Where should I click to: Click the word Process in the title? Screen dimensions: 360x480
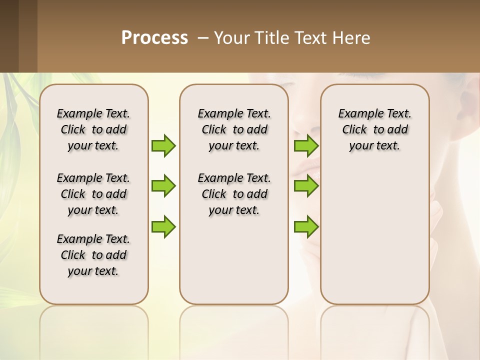click(x=154, y=38)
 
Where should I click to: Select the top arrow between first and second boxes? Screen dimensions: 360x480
click(x=163, y=146)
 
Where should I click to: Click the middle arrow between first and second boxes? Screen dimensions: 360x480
click(x=163, y=186)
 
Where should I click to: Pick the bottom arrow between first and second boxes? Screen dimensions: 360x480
click(x=163, y=226)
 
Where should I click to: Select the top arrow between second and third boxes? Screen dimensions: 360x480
click(x=306, y=146)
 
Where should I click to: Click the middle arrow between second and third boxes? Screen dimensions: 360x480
click(x=306, y=186)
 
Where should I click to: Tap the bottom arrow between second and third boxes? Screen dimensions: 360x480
click(x=306, y=226)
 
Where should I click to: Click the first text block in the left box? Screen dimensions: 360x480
click(x=93, y=129)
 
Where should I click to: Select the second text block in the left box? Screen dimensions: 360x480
click(x=93, y=194)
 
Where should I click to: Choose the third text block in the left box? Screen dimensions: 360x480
click(x=93, y=255)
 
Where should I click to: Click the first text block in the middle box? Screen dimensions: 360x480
click(x=234, y=129)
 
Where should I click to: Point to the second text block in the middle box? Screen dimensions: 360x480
click(x=234, y=194)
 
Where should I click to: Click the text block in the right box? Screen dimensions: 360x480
click(x=374, y=129)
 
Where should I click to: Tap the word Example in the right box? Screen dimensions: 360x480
click(x=357, y=114)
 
